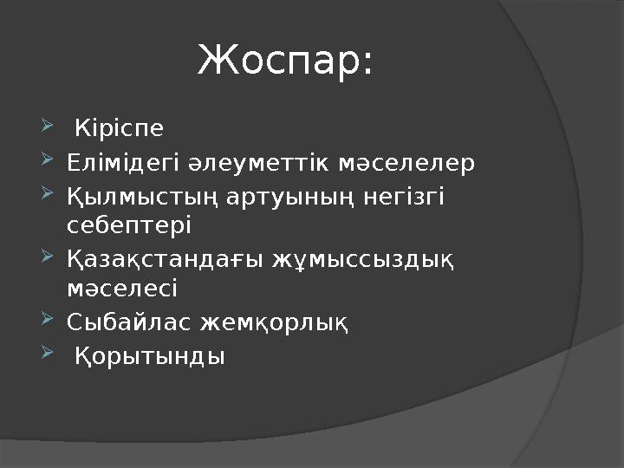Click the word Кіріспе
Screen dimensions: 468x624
pyautogui.click(x=119, y=130)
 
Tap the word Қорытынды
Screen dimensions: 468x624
pyautogui.click(x=150, y=355)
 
